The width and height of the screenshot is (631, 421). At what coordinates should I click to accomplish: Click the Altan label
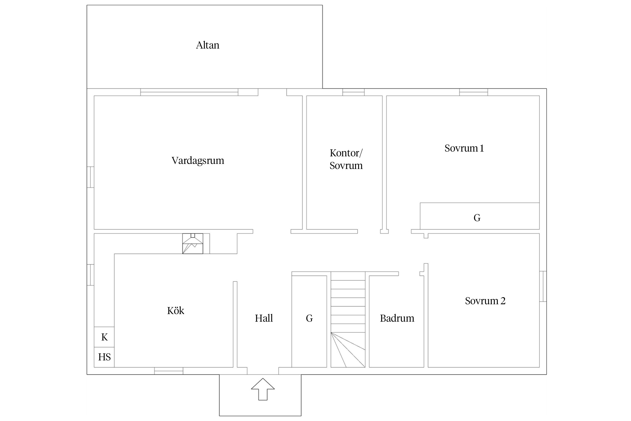click(208, 45)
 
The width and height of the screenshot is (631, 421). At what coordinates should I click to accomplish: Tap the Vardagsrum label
click(198, 161)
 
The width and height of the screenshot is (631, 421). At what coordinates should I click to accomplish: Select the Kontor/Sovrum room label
click(346, 159)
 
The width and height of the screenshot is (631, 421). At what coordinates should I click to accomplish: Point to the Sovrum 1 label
click(464, 148)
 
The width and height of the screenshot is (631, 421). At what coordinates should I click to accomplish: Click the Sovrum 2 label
click(485, 301)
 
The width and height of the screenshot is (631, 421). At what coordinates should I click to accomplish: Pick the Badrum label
click(397, 318)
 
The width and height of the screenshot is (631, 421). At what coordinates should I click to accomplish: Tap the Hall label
click(264, 318)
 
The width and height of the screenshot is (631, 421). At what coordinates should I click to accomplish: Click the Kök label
click(176, 310)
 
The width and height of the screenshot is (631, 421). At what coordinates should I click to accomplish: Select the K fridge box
click(104, 337)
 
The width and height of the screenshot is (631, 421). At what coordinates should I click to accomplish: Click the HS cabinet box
click(104, 357)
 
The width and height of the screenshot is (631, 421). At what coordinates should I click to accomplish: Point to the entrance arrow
click(263, 389)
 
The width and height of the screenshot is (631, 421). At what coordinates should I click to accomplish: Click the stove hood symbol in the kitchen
click(193, 244)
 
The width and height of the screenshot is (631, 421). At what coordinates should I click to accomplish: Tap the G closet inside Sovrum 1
click(480, 216)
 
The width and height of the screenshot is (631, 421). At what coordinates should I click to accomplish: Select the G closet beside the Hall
click(309, 321)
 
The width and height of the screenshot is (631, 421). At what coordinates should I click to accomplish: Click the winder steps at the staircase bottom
click(348, 350)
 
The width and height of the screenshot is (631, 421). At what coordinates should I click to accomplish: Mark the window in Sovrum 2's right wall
click(543, 286)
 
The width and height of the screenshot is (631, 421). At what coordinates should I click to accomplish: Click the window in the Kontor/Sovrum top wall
click(353, 92)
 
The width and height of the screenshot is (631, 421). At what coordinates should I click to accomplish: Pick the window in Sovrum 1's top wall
click(473, 92)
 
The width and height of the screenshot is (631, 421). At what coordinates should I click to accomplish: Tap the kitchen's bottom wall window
click(169, 371)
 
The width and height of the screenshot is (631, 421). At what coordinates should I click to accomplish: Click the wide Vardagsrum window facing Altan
click(189, 92)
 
